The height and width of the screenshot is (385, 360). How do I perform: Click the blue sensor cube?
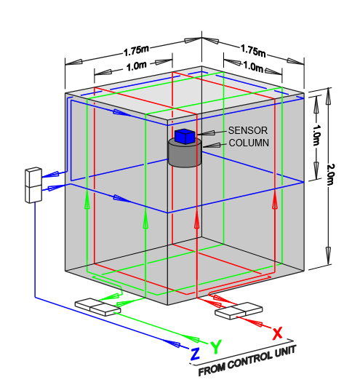[185, 137]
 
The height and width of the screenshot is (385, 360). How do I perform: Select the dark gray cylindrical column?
[185, 154]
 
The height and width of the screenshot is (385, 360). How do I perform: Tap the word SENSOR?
[248, 130]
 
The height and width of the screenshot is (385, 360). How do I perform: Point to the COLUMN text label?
[249, 143]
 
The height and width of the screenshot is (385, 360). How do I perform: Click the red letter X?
[277, 333]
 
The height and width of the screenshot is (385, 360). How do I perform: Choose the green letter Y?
[216, 346]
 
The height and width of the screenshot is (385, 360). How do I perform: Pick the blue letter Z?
[195, 354]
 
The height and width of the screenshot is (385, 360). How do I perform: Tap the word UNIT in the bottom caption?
[286, 351]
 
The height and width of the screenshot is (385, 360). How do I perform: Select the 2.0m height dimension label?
[330, 175]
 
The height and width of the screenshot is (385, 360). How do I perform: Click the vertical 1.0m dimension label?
[317, 135]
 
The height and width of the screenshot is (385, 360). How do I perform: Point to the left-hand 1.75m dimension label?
[136, 51]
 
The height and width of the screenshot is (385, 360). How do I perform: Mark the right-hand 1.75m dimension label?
[253, 51]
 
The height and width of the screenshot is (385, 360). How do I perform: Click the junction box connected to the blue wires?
[33, 185]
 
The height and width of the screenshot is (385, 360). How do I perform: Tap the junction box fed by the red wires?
[239, 311]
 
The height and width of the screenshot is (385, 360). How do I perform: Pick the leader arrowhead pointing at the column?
[211, 146]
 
